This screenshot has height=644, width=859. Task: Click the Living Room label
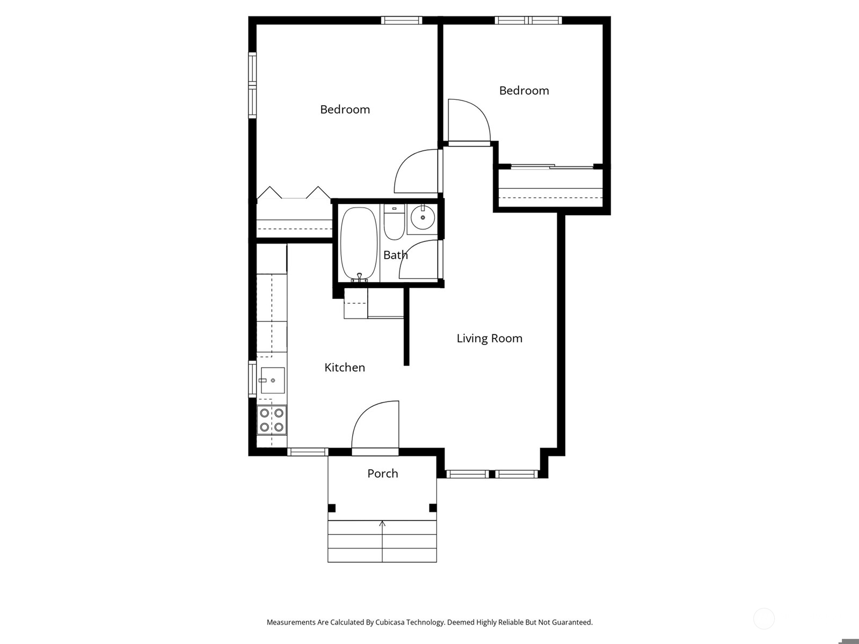coord(489,338)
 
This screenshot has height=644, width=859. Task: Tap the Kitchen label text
coord(345,368)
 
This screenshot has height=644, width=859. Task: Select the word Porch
coord(383,473)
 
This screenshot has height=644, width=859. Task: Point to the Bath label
coord(395,255)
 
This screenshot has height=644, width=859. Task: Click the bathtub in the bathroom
coord(359,244)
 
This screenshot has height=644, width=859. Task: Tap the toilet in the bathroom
coord(394,223)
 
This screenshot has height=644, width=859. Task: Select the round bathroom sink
coord(423,218)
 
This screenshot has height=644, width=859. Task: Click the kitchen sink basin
coord(272,380)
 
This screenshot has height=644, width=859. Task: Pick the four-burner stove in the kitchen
coord(272,420)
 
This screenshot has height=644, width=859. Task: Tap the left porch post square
coord(331,508)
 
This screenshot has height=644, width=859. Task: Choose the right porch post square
coord(433,508)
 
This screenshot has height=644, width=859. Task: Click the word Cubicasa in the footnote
coord(390,622)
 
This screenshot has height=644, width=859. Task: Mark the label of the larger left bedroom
coord(345,109)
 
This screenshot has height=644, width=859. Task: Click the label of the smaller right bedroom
coord(524,91)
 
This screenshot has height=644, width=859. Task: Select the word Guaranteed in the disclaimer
coord(571,622)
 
